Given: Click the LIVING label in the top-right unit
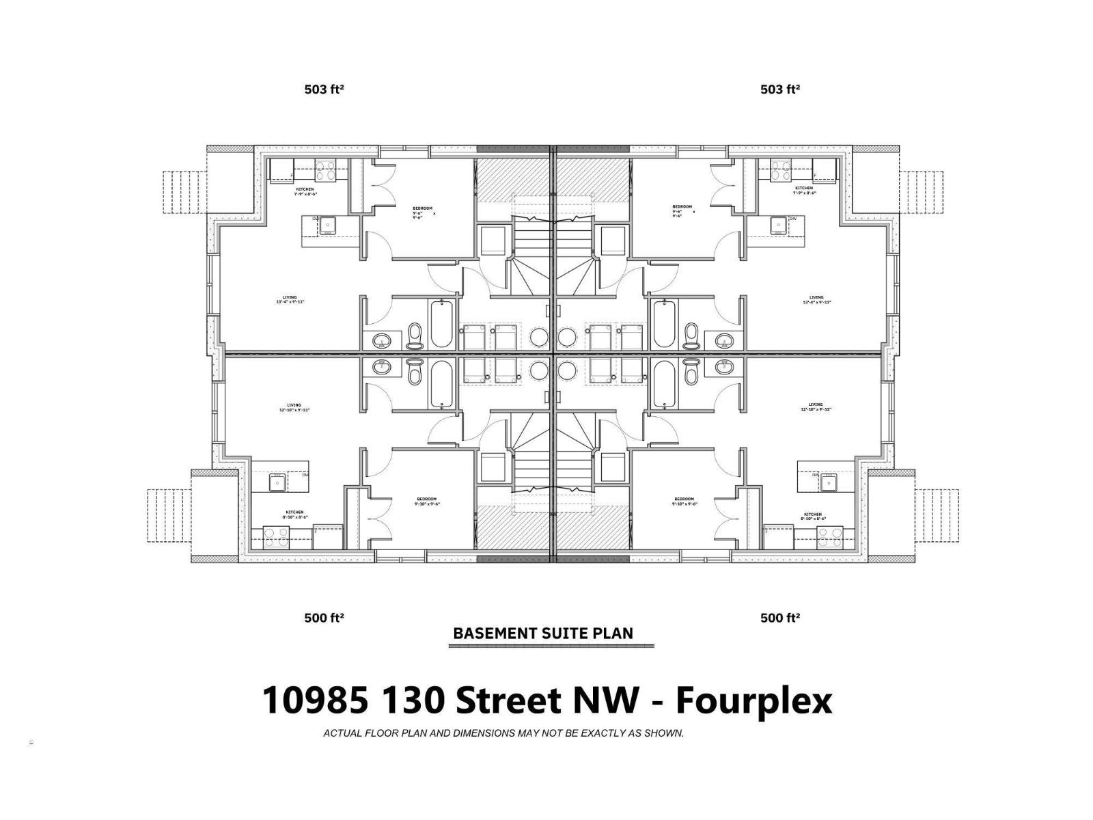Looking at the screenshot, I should (x=816, y=297).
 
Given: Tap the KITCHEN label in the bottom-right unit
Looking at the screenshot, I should (x=813, y=515).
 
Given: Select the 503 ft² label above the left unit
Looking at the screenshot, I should (x=324, y=89).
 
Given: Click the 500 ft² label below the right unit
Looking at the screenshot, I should (x=780, y=618).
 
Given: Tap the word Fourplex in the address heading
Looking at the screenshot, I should (x=754, y=700).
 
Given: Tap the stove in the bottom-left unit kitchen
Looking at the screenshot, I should (x=277, y=539).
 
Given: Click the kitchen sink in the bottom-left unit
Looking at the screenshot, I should (x=277, y=483).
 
